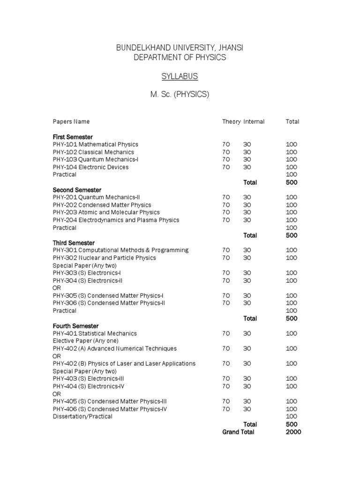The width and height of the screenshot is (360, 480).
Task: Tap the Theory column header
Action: (231, 122)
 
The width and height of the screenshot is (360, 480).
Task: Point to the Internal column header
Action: (254, 122)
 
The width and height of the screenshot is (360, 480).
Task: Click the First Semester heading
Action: (73, 137)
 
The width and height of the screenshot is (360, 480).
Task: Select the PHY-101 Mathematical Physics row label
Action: (96, 144)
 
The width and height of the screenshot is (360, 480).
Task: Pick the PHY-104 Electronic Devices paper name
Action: (90, 167)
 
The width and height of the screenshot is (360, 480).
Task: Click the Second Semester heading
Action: (77, 190)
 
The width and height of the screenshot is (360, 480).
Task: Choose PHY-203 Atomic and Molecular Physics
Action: (106, 212)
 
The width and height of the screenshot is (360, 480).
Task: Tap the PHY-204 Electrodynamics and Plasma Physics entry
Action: (116, 220)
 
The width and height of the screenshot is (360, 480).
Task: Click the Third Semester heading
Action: (74, 243)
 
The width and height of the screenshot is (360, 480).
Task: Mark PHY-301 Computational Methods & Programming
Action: (120, 250)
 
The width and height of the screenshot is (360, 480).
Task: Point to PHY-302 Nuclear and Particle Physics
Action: (104, 258)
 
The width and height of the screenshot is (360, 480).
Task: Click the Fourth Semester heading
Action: (75, 326)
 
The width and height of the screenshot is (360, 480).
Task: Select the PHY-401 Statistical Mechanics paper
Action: (95, 333)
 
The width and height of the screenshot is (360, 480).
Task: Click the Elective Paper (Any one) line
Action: (85, 341)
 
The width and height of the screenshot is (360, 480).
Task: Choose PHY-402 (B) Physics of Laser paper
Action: (124, 363)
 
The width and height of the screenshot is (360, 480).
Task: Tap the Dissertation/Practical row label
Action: (82, 416)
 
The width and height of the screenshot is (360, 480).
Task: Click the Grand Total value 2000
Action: (293, 432)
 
